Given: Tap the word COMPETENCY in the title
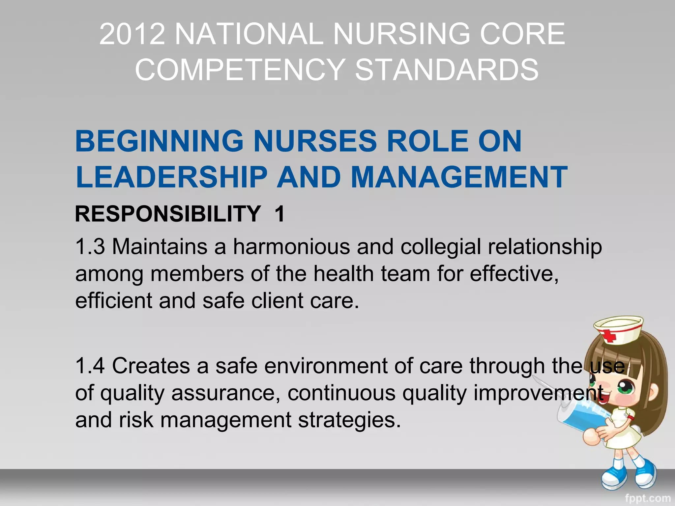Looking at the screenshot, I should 240,70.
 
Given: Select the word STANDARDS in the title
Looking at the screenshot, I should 447,70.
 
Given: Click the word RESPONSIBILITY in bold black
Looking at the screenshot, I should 168,214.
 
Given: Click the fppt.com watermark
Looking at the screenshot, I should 648,498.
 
